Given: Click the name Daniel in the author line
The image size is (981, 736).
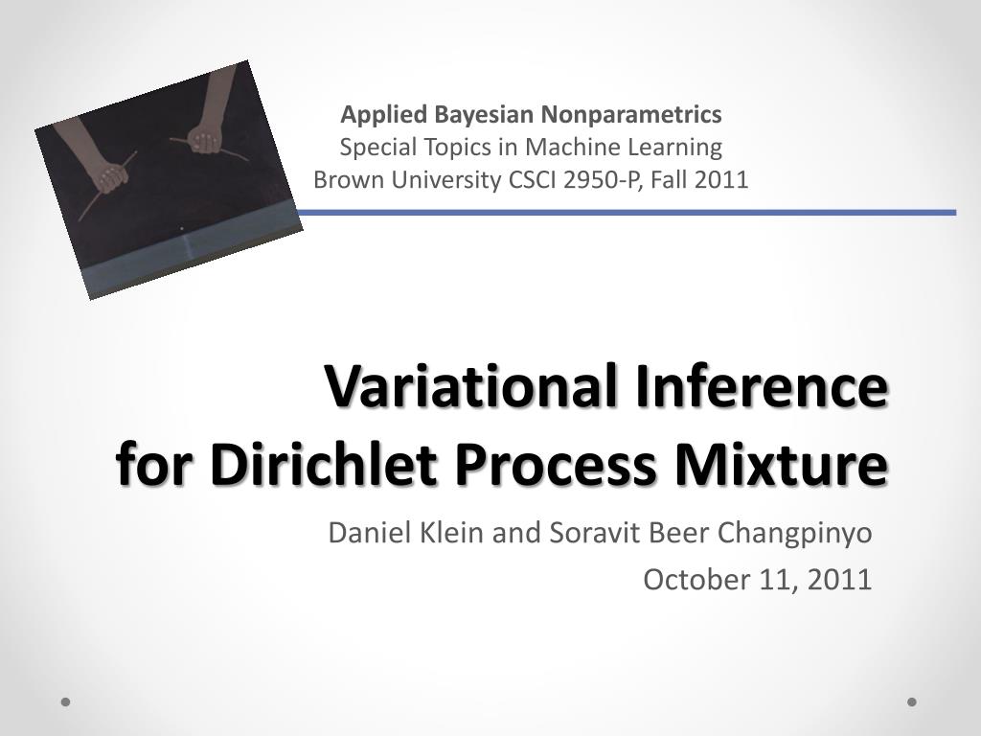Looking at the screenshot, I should [360, 533].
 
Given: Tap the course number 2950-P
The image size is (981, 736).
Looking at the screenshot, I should [605, 179].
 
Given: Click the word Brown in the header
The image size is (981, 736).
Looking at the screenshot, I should [342, 179].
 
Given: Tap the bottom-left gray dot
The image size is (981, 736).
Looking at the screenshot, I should [66, 701].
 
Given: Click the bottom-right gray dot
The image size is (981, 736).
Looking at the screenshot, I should [912, 701].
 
